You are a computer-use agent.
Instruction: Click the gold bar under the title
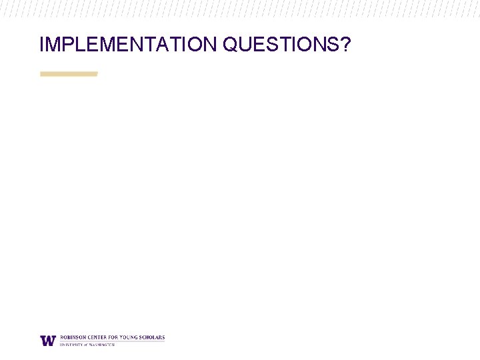pos(69,73)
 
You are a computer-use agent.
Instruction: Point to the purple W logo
pos(48,340)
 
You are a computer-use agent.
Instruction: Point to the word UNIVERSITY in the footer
pos(71,345)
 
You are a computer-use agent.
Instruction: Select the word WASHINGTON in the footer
pos(101,345)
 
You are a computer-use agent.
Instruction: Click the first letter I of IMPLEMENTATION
pos(42,45)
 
